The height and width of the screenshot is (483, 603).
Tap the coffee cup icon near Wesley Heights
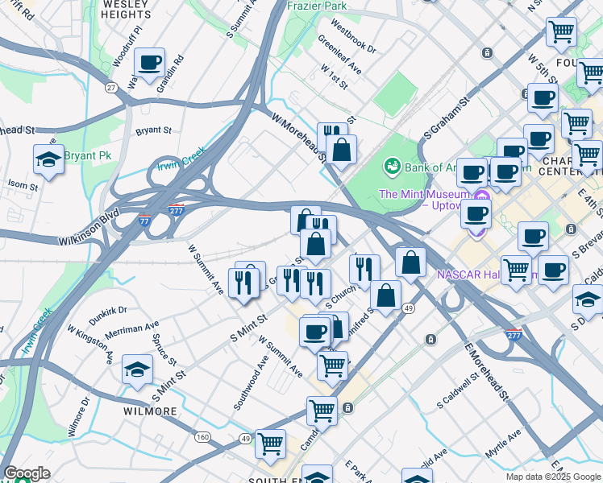pos(149,62)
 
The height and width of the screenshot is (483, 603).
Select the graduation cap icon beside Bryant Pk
pos(48,159)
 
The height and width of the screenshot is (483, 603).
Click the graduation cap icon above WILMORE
pos(137,369)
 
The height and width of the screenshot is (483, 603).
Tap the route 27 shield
pos(112,87)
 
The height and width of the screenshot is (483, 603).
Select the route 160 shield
pos(202,437)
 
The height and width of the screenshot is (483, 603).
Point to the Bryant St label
pos(153,130)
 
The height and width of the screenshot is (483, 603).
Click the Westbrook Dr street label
pos(347,41)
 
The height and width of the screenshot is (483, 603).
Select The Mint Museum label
pos(423,195)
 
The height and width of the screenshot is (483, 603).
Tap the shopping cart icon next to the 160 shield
pos(271,442)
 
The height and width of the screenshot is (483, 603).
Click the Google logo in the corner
pos(27,473)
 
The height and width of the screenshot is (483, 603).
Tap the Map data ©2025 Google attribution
pos(553,477)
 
